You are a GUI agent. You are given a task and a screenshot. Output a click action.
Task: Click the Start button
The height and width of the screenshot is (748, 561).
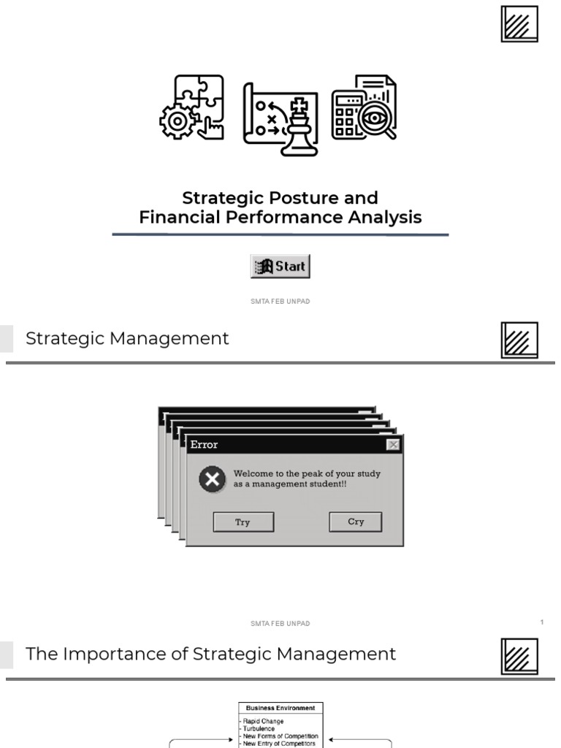coord(280,267)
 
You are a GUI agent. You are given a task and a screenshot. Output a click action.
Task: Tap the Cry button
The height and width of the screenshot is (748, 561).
coord(356,522)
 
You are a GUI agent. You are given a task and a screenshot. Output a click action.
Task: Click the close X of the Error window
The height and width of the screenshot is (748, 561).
coord(393,444)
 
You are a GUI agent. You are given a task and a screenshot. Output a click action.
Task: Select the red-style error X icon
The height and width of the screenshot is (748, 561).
coord(212,480)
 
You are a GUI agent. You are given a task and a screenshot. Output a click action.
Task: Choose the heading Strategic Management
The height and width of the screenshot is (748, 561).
coord(127,338)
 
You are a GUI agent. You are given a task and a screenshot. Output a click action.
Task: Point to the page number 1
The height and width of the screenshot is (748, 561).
coord(542,622)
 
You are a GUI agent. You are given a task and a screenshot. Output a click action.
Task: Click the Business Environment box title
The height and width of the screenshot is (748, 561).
coord(280,708)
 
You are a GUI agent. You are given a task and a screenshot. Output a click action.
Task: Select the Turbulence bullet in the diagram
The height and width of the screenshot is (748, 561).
coord(259,728)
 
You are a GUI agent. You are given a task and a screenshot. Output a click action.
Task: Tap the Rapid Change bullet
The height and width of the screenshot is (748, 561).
coord(264,721)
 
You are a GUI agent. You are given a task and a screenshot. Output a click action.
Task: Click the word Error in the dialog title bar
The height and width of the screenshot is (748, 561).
coord(204,444)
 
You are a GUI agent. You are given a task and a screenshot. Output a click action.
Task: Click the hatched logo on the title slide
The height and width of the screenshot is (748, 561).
coord(519,23)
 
